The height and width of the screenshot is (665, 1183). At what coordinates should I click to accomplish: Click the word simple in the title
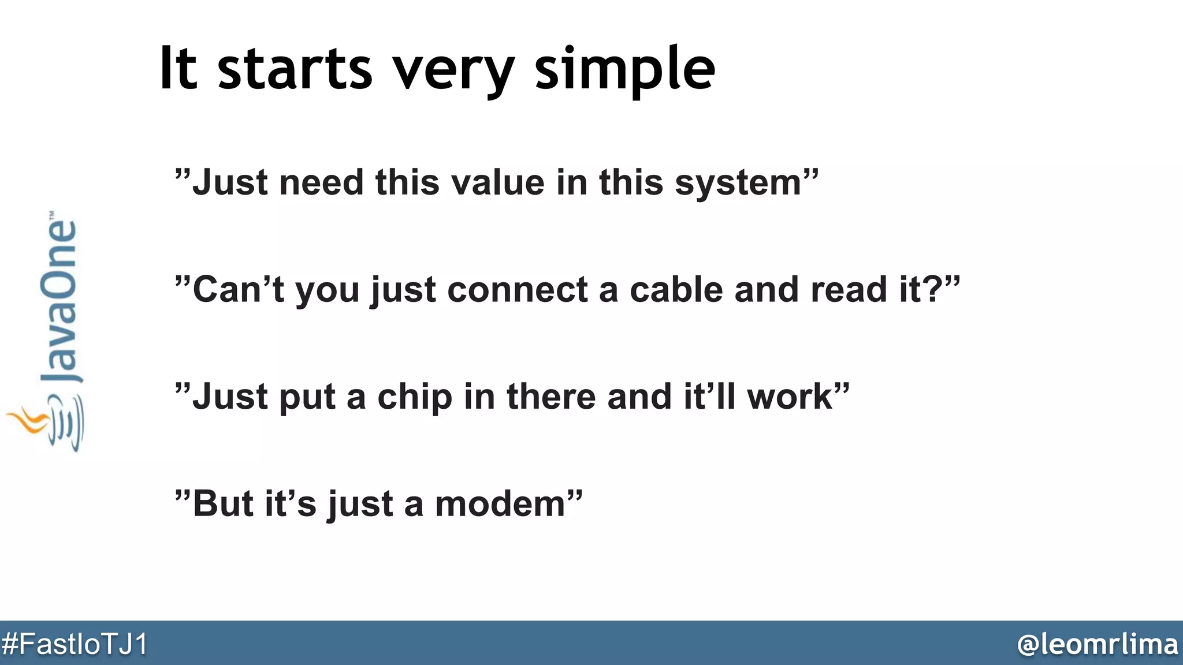point(625,70)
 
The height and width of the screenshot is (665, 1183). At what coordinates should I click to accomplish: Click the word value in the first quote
point(497,183)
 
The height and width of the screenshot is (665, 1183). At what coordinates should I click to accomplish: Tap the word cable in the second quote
point(676,290)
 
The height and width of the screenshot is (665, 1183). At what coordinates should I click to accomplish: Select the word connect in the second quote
point(517,290)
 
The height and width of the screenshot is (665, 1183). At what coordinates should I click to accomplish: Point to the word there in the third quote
point(550,397)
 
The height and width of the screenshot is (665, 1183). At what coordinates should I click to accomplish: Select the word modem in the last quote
point(500,505)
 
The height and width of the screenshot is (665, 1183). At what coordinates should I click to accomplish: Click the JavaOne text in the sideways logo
point(58,300)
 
